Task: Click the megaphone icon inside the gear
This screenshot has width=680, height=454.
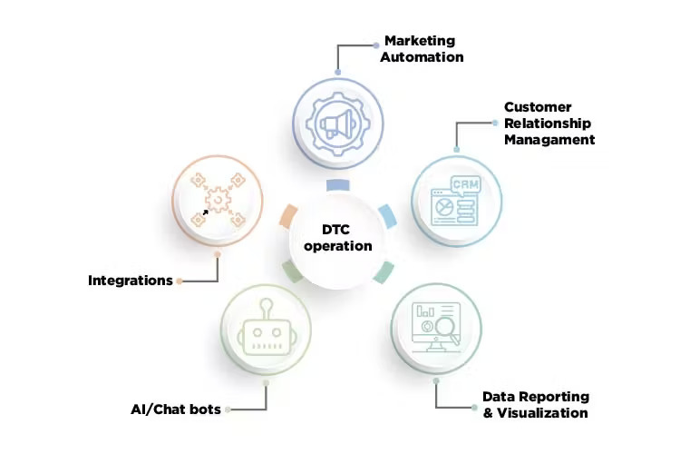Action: (338, 123)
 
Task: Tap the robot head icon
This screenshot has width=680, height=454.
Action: (267, 331)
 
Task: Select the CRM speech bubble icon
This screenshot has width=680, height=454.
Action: (466, 185)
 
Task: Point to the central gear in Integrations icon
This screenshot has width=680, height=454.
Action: (218, 200)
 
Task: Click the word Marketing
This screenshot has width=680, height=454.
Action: (420, 41)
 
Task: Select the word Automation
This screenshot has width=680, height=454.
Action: (422, 57)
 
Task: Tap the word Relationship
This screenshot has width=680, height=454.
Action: (548, 123)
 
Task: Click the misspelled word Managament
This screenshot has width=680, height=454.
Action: (549, 140)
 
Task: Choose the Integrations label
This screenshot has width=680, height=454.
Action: (130, 281)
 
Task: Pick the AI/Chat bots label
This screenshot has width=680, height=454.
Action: (176, 410)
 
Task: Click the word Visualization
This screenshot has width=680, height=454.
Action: (542, 413)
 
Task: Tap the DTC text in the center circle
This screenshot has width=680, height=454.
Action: (335, 230)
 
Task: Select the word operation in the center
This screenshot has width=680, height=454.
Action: (338, 246)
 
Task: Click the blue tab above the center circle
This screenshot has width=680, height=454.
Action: (338, 185)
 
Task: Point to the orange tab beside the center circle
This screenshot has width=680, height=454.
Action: (288, 216)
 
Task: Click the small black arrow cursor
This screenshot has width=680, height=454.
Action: (205, 212)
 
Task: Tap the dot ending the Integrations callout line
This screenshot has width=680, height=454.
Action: (180, 281)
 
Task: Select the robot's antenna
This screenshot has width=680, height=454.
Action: (266, 309)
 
